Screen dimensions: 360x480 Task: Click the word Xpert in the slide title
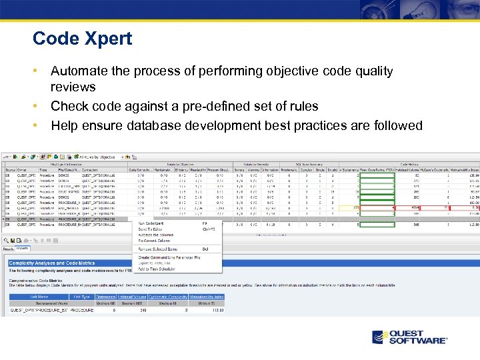click(x=108, y=39)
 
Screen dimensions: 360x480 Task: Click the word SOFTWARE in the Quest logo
click(x=418, y=341)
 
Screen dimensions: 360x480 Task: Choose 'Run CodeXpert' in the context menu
click(x=152, y=223)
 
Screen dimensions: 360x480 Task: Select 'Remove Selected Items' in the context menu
click(x=159, y=249)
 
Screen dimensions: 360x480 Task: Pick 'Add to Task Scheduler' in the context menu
click(x=157, y=269)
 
